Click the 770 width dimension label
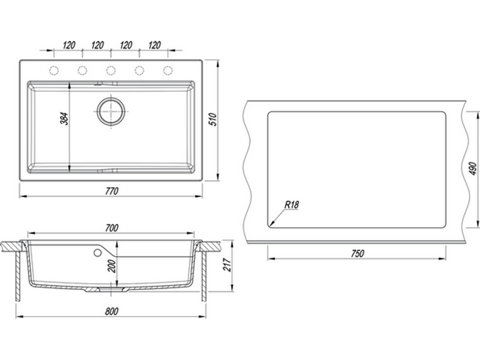point(112,191)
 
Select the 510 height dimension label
point(213,120)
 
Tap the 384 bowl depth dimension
point(64,119)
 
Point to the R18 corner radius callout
point(292,204)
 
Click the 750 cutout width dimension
point(357,253)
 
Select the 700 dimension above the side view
point(112,228)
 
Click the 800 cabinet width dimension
point(111,312)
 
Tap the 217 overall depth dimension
point(227,265)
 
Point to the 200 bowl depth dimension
point(112,266)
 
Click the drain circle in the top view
point(111,111)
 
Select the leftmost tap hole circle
point(54,71)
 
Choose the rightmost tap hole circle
point(168,71)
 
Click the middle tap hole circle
point(111,71)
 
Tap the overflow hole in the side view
point(97,253)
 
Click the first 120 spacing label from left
point(69,45)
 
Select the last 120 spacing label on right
point(154,45)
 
